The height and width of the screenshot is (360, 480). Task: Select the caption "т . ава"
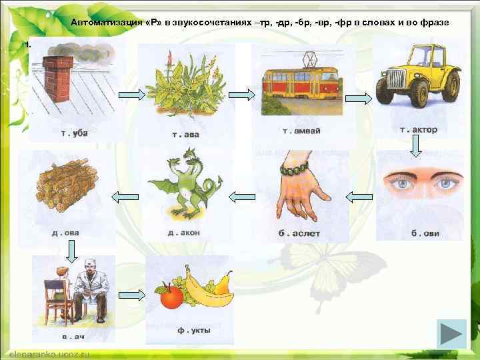pos(185,134)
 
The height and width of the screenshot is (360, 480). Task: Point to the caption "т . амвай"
pos(302,131)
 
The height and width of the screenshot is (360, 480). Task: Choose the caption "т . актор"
pos(418,130)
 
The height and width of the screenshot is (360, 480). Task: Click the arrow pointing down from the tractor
pos(415,147)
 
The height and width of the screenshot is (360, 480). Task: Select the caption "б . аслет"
pos(299,233)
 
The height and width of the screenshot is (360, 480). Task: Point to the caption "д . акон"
pos(185,233)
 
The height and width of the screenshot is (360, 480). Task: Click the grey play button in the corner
pos(451,335)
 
